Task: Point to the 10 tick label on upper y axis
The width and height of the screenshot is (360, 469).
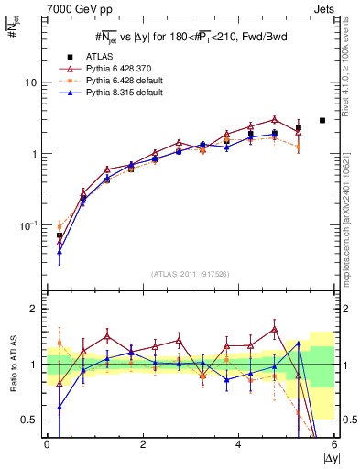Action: click(30, 82)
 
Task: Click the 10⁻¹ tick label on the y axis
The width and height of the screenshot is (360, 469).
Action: click(29, 225)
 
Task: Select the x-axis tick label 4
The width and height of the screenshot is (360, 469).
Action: click(238, 443)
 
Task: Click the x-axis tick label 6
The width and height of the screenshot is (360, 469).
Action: click(333, 443)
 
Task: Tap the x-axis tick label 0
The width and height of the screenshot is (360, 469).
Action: click(47, 443)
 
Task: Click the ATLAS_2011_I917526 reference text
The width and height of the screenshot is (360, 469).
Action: click(191, 274)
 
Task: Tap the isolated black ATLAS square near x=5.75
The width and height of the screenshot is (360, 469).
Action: click(322, 120)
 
